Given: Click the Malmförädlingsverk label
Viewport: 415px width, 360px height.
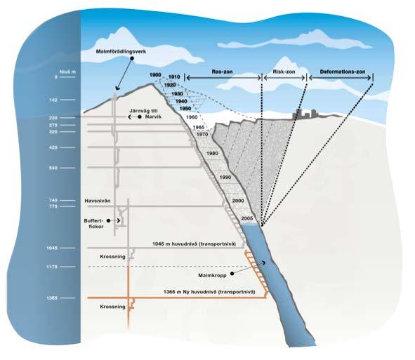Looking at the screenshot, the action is click(121, 52).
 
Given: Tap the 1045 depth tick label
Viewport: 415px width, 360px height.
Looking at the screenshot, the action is click(51, 248).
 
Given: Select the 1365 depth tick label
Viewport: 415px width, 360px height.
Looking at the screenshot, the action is click(51, 298).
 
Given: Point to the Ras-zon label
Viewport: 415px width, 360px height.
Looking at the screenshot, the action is click(222, 72).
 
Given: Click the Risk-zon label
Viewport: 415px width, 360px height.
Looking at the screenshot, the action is click(284, 72).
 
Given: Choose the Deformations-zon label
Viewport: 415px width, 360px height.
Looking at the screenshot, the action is click(343, 72).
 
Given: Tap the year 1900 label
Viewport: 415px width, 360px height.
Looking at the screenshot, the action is click(155, 75).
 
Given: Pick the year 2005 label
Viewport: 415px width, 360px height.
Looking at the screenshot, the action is click(247, 218).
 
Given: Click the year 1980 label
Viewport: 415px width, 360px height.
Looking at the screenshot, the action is click(212, 154).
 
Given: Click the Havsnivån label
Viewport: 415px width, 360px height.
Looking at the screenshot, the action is click(98, 201).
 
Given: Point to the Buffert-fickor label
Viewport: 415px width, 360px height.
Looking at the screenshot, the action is click(93, 224).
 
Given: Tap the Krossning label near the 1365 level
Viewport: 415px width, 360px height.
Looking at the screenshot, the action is click(112, 307).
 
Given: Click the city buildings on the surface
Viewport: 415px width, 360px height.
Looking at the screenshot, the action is click(304, 114).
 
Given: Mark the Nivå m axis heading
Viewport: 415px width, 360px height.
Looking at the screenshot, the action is click(67, 72).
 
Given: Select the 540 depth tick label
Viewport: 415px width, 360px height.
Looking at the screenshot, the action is click(53, 168).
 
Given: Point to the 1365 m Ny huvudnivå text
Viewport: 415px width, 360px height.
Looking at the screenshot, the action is click(209, 292).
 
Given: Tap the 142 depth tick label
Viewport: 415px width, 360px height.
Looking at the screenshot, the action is click(53, 100).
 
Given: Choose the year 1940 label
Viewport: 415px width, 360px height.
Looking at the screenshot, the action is click(181, 101).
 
